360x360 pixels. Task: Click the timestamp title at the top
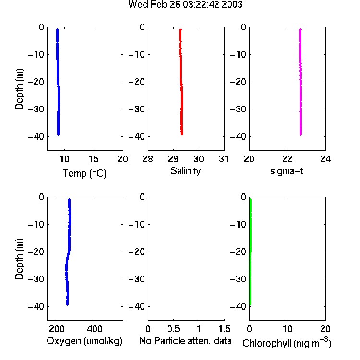pos(185,4)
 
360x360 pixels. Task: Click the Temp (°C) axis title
pos(84,173)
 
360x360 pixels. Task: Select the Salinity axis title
pos(185,171)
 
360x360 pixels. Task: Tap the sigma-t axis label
pos(287,171)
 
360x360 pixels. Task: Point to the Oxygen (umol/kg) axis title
pos(84,341)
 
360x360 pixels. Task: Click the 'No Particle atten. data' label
pos(185,341)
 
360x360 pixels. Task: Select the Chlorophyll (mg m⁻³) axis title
pos(287,343)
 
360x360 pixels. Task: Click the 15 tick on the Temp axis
pos(94,159)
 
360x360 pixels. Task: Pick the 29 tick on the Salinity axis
pos(173,159)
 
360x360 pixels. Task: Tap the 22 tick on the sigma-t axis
pos(288,159)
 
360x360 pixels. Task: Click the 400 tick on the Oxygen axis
pos(95,329)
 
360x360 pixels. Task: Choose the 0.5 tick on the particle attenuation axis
pos(173,329)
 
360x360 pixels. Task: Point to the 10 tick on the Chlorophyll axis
pos(288,329)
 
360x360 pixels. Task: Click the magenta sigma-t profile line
pos(300,82)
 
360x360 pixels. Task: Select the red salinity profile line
pos(181,82)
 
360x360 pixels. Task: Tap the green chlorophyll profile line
pos(250,252)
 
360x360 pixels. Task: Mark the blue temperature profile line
pos(58,82)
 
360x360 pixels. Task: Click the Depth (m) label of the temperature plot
pos(19,89)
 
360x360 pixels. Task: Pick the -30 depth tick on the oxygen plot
pos(36,279)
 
